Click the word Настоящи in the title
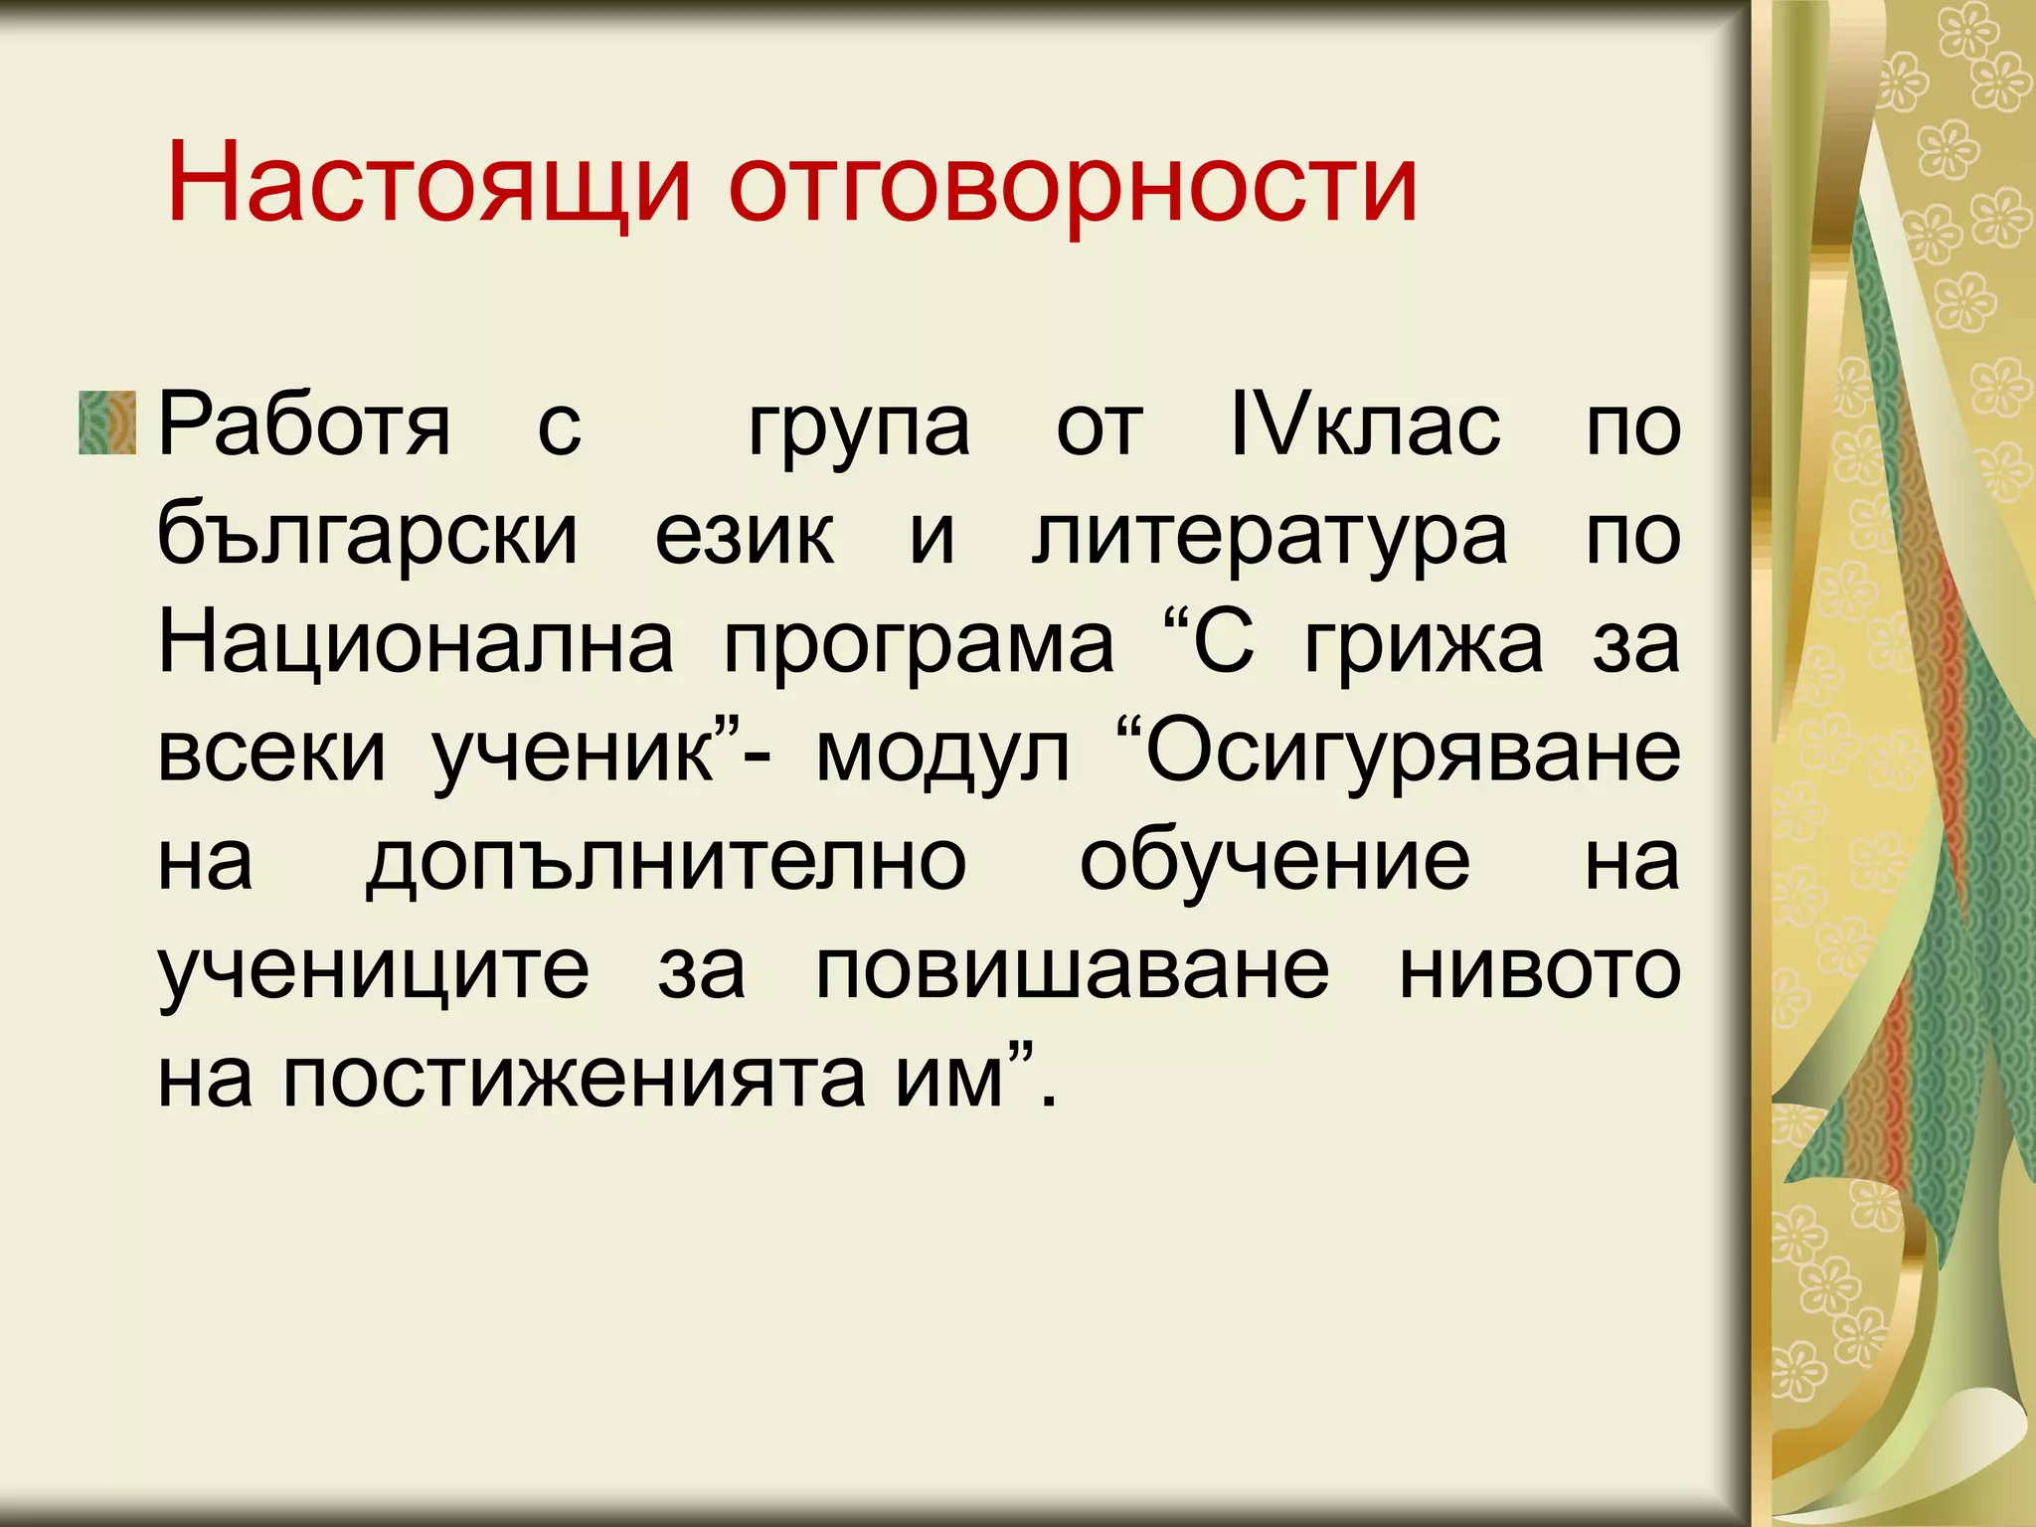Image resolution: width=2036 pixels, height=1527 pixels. tap(427, 184)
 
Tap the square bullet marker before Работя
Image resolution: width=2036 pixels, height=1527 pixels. tap(107, 423)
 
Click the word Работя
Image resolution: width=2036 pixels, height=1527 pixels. tap(304, 425)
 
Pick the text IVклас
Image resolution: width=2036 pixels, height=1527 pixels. tap(1364, 425)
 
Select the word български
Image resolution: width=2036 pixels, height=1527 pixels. tap(368, 535)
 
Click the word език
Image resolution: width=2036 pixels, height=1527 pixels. tap(745, 535)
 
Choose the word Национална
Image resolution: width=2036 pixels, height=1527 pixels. tap(416, 643)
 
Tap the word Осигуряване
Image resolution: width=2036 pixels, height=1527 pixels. tap(1412, 754)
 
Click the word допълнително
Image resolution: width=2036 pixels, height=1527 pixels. tap(666, 862)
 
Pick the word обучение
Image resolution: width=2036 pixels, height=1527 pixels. tap(1274, 862)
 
